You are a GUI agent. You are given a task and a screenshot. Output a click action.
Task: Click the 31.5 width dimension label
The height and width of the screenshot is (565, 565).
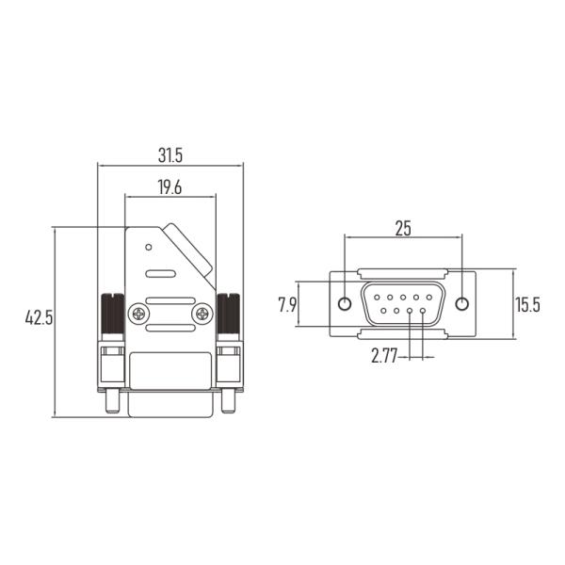170,155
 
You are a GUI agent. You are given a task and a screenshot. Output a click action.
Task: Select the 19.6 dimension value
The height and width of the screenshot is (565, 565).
169,187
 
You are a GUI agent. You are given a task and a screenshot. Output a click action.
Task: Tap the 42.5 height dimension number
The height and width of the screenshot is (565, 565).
39,318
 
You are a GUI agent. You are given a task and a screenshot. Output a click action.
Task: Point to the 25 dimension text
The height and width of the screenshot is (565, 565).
403,228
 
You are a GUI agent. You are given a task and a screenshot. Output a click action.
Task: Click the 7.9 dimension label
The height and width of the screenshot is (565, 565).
287,305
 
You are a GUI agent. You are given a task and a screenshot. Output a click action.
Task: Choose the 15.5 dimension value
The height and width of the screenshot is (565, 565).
527,305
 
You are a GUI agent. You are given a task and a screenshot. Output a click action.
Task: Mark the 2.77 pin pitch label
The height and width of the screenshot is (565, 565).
384,356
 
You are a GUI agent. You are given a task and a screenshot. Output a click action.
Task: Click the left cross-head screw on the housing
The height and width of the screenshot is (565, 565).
138,314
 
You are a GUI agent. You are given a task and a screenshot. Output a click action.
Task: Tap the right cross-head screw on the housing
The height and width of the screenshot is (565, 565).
202,314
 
